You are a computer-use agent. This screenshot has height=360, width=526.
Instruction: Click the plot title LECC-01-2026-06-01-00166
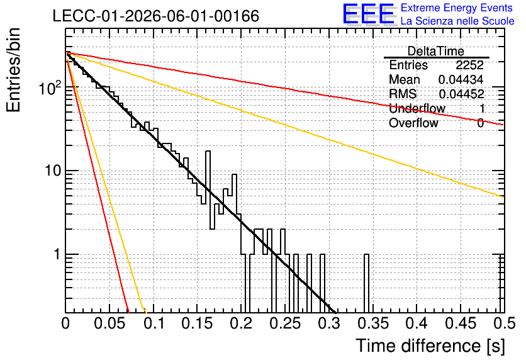point(156,16)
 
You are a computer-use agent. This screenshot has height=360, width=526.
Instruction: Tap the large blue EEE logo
point(368,14)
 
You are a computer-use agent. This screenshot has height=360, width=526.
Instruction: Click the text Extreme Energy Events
point(457,8)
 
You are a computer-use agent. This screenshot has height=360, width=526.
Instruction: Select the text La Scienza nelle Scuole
point(457,21)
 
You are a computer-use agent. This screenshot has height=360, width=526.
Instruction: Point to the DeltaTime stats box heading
point(436,51)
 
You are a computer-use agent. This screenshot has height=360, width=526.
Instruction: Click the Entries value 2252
point(469,65)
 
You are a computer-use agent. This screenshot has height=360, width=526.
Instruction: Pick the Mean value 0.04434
point(461,79)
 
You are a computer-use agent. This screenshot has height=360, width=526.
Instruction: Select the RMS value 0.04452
point(461,94)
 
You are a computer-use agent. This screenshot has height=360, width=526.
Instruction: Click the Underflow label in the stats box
point(417,108)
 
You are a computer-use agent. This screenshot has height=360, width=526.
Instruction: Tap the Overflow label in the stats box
point(413,123)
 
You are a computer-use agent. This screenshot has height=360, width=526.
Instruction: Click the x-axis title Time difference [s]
point(430,346)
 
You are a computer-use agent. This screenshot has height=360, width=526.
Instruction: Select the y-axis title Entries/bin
point(13,70)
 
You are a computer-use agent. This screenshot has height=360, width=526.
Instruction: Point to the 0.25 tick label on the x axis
point(285,323)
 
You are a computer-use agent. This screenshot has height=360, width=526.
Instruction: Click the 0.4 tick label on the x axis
point(417,323)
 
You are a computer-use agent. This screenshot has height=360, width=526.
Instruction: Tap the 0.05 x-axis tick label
point(109,323)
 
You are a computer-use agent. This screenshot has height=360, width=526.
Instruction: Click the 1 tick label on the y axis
point(57,254)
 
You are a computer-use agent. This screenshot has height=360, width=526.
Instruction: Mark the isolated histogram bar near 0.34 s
point(366,283)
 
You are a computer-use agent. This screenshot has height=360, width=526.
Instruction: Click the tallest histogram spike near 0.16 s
point(208,190)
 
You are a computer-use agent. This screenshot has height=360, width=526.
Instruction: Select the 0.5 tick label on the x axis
point(504,323)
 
